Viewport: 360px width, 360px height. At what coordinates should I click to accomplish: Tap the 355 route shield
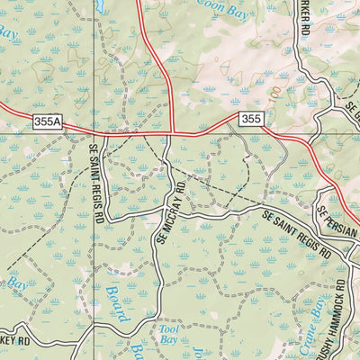pos(250,118)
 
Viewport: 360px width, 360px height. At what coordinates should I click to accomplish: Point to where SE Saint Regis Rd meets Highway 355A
pos(94,135)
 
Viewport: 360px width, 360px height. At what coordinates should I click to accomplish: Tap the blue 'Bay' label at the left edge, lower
pos(16,286)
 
